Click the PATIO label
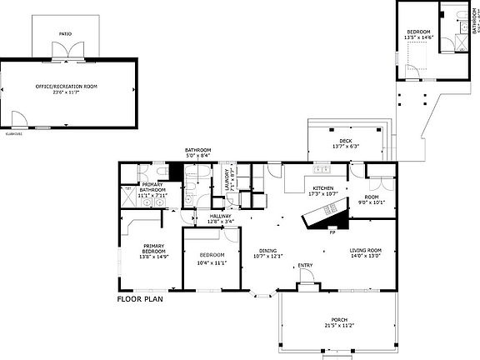pos(65,34)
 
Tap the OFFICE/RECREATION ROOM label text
pos(70,87)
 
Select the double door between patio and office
pos(64,52)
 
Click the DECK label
pos(345,141)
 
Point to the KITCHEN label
pos(323,188)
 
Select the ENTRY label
pos(306,267)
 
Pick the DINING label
pos(267,250)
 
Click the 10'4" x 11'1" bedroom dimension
pos(212,262)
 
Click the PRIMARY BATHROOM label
pos(152,187)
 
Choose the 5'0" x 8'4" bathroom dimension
pos(197,155)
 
